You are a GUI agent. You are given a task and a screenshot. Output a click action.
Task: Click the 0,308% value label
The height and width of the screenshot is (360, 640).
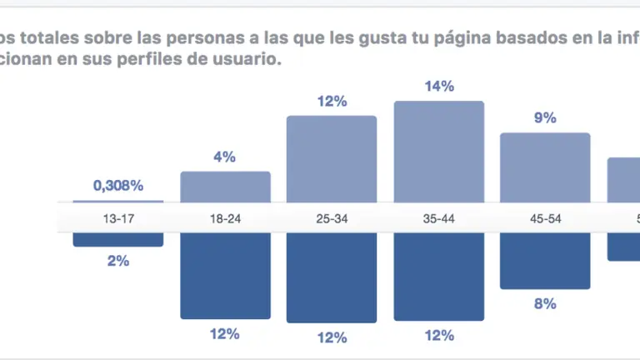pyautogui.click(x=117, y=185)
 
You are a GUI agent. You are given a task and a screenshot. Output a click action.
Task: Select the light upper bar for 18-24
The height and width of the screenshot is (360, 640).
pyautogui.click(x=225, y=186)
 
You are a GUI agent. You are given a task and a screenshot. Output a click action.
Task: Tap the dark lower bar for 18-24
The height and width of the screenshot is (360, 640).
pyautogui.click(x=225, y=275)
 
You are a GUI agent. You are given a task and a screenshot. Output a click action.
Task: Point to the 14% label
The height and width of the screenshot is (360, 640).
pyautogui.click(x=438, y=86)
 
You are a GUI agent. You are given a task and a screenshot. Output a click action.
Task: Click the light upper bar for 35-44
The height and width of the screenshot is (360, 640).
pyautogui.click(x=438, y=150)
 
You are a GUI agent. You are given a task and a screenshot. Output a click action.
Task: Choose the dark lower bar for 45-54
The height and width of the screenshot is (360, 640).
pyautogui.click(x=545, y=260)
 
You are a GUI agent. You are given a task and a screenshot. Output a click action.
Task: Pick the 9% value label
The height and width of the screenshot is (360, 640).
pyautogui.click(x=545, y=117)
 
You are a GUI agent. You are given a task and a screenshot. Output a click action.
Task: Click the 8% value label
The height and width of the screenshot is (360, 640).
pyautogui.click(x=545, y=304)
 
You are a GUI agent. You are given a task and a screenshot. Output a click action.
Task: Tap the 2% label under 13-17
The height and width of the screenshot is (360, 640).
pyautogui.click(x=118, y=261)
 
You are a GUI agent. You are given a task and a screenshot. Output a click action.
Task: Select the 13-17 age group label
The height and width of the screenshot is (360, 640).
pyautogui.click(x=118, y=218)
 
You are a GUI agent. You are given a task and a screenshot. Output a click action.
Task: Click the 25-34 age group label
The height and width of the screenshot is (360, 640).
pyautogui.click(x=332, y=218)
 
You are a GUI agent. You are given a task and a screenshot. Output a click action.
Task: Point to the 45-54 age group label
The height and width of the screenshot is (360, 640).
pyautogui.click(x=545, y=218)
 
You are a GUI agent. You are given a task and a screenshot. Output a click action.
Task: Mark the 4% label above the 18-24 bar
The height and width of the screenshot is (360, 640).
pyautogui.click(x=225, y=157)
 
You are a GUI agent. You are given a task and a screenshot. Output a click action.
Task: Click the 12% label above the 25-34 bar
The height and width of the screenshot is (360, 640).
pyautogui.click(x=332, y=101)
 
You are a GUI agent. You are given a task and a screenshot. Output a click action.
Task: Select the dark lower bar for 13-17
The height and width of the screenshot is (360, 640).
pyautogui.click(x=118, y=239)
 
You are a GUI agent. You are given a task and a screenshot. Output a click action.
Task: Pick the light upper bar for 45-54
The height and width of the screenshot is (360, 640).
pyautogui.click(x=545, y=167)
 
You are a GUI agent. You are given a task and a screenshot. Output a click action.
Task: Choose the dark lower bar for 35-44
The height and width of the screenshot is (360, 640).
pyautogui.click(x=438, y=276)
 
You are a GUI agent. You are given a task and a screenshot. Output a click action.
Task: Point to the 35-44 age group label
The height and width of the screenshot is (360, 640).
pyautogui.click(x=438, y=218)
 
